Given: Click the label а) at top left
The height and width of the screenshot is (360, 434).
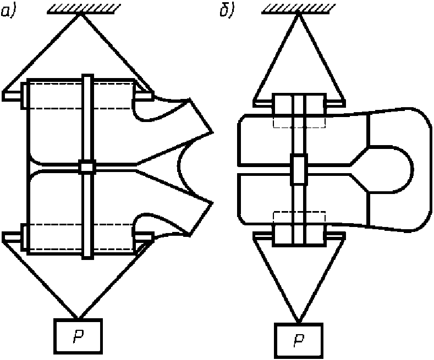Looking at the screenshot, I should point(9,11).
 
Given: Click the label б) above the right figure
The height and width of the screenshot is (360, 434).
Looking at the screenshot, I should point(226,11).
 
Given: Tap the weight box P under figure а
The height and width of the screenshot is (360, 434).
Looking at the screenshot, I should point(78,336).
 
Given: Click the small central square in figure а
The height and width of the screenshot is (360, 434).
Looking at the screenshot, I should point(87,166).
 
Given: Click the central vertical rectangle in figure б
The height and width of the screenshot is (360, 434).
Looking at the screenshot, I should point(299,169).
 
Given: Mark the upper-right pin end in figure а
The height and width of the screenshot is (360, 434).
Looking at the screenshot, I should point(144,95).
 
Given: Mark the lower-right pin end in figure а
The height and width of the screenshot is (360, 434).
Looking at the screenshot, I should point(144,236).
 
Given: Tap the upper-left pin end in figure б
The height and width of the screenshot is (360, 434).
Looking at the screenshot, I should point(264,102).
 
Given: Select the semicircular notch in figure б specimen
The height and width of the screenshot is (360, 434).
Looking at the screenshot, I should point(393,169).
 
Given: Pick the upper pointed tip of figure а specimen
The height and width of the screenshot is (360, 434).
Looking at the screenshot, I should point(212,132).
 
